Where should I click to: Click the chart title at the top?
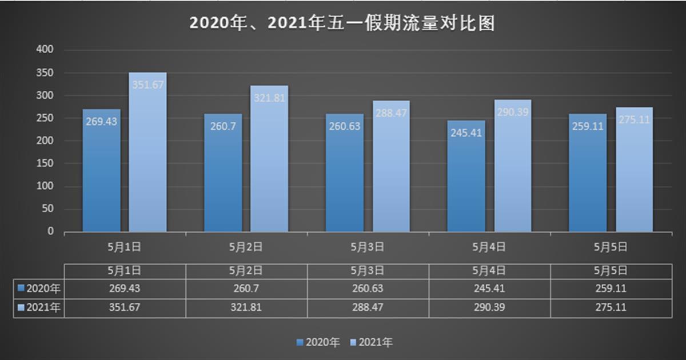point(342,24)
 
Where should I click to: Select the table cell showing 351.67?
point(124,307)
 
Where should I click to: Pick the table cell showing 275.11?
point(611,307)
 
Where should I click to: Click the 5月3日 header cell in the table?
point(367,270)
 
